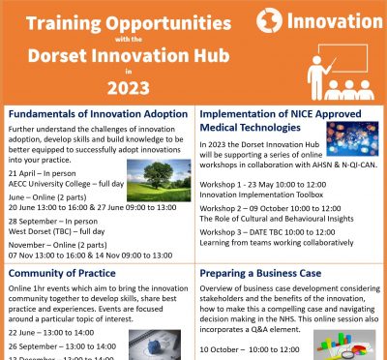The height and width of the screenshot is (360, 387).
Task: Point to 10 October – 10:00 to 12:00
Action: point(253,347)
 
